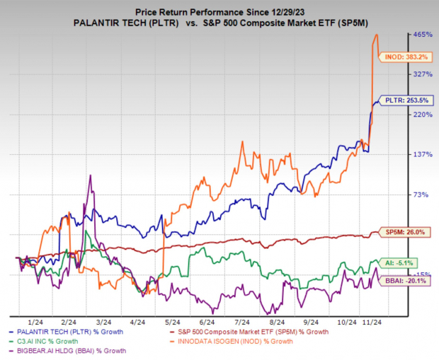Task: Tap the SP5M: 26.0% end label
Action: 401,232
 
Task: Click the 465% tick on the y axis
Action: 423,34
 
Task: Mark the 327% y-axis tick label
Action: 423,74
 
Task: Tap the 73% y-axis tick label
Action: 421,194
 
